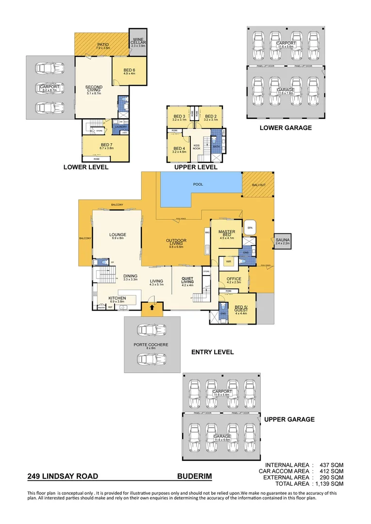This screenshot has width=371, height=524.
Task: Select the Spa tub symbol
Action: [251, 228]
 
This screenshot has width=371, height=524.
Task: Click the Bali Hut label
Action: [258, 185]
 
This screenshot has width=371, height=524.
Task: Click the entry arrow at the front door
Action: [152, 307]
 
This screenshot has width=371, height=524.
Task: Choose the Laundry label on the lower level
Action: [120, 127]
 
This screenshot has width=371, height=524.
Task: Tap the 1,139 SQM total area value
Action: [331, 484]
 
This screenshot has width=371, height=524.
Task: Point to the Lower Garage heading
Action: [286, 128]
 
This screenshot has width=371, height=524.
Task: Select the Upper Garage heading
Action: [289, 419]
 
